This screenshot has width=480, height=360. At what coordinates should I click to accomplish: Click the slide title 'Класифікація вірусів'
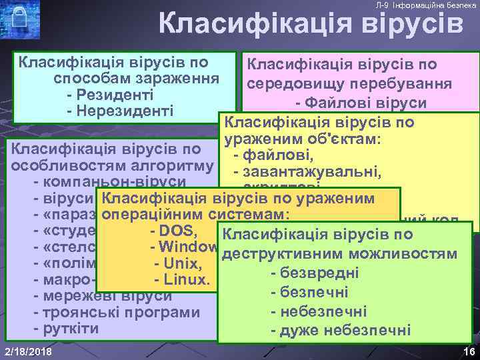(x=311, y=25)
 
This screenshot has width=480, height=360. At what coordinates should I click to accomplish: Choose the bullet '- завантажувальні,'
(x=303, y=173)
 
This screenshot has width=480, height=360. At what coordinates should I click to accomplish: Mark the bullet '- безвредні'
(x=315, y=273)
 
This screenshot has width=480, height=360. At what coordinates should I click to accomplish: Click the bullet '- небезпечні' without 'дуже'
(x=319, y=311)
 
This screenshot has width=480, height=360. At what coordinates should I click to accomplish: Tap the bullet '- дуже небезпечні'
(x=340, y=331)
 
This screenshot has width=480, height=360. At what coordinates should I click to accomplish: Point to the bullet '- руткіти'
(x=66, y=328)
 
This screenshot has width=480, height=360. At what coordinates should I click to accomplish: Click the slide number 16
(x=466, y=351)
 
